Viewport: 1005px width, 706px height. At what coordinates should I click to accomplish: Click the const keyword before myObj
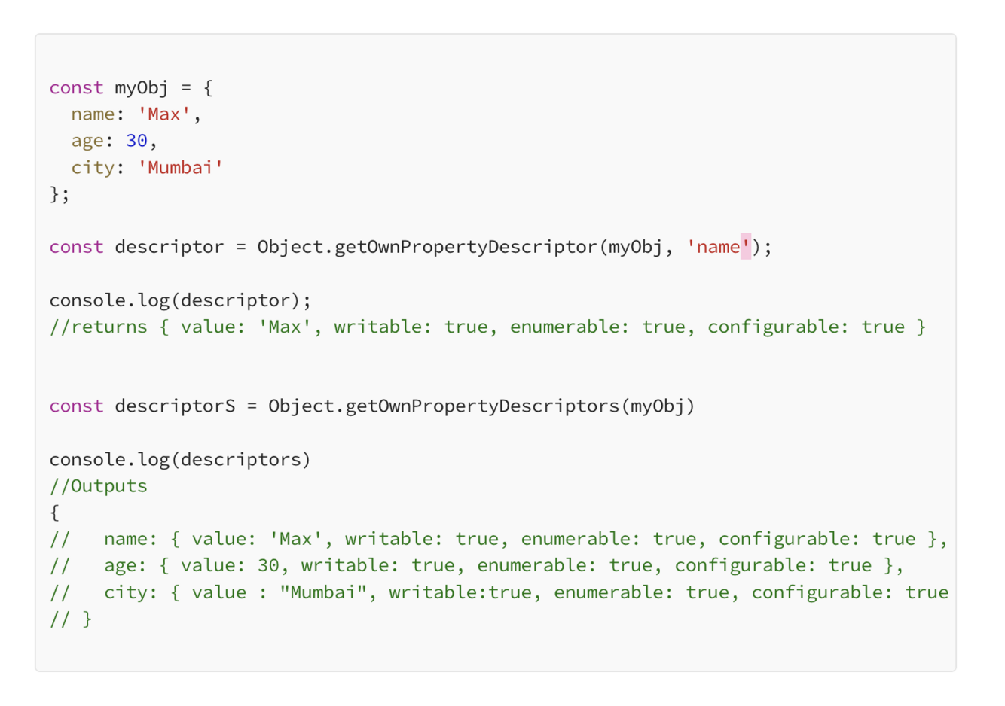(x=76, y=88)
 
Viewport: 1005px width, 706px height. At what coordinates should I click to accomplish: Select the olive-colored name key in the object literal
(x=93, y=114)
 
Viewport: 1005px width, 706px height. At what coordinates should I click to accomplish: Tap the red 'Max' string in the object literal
(x=163, y=114)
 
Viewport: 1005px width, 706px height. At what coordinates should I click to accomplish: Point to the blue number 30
(x=136, y=141)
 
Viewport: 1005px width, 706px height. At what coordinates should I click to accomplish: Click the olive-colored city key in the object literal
(x=93, y=168)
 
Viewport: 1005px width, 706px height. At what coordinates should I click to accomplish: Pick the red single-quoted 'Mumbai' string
(x=180, y=168)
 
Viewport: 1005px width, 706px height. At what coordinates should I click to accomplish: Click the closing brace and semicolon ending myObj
(x=59, y=194)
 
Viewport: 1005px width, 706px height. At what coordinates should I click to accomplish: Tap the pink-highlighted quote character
(x=746, y=246)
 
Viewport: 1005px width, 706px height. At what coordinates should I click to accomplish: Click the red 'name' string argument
(x=718, y=248)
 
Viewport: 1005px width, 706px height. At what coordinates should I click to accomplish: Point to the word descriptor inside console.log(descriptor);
(x=240, y=300)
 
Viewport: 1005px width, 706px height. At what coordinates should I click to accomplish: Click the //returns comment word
(x=99, y=327)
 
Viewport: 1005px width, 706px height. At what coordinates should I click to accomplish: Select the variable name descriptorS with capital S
(x=175, y=406)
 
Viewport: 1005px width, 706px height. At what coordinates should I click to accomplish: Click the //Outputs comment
(x=99, y=486)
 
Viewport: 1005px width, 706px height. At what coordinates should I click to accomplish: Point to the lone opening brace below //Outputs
(x=54, y=513)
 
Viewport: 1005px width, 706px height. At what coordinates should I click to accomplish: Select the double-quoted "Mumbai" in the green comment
(x=322, y=593)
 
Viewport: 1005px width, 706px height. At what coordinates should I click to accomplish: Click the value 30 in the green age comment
(x=268, y=566)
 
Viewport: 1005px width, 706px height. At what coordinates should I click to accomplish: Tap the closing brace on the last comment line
(x=87, y=619)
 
